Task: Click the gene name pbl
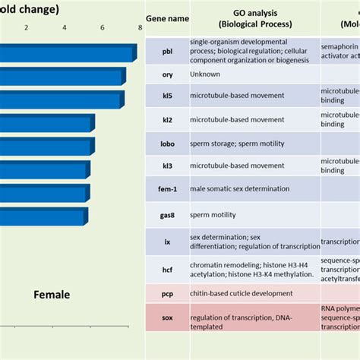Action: (x=167, y=52)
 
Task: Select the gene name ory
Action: (x=167, y=74)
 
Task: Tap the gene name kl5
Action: (x=167, y=96)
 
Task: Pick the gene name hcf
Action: (x=167, y=268)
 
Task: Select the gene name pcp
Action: (x=167, y=293)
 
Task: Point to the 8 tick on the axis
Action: (x=140, y=28)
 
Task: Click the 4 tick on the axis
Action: (x=64, y=28)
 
